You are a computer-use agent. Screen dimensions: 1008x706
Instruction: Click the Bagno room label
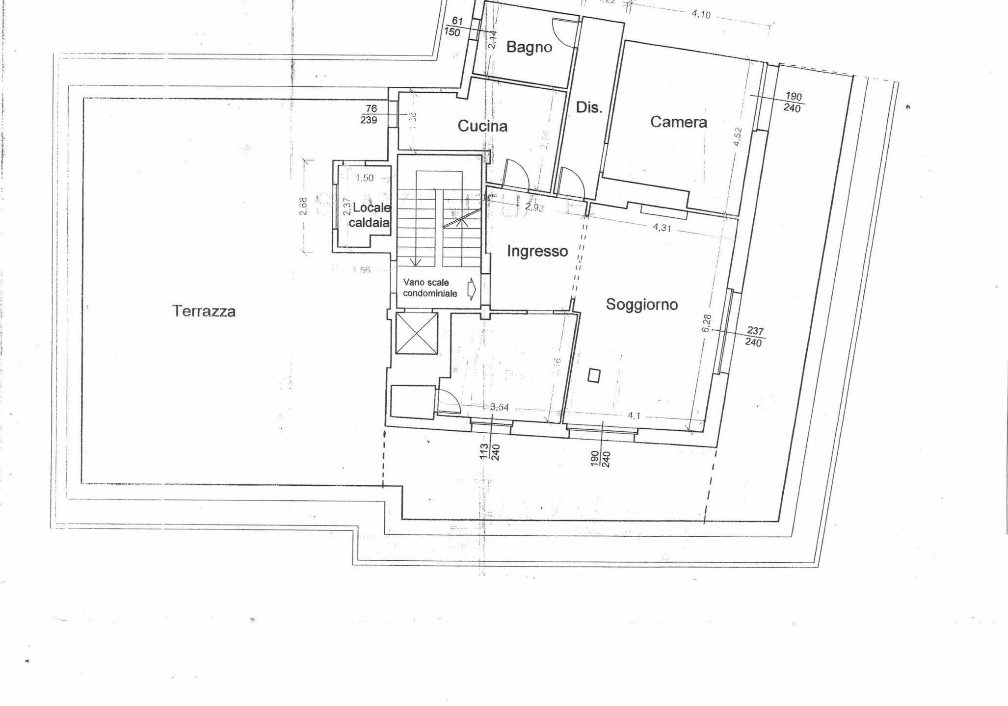(x=529, y=47)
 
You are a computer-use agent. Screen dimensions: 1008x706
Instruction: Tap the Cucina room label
(x=482, y=126)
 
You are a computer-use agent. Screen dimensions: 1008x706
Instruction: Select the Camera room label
(x=678, y=122)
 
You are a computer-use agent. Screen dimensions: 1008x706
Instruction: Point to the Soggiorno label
(x=641, y=304)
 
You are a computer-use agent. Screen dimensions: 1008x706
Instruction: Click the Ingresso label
(x=537, y=251)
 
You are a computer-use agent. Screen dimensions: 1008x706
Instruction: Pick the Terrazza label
(x=204, y=311)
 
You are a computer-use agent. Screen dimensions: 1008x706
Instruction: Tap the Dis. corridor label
(x=588, y=108)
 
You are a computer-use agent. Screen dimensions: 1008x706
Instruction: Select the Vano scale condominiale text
(x=429, y=288)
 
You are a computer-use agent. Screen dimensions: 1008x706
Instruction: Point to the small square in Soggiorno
(x=594, y=375)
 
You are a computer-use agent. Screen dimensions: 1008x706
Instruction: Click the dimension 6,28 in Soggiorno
(x=706, y=323)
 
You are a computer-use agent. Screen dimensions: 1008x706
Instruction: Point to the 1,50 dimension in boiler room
(x=364, y=178)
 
